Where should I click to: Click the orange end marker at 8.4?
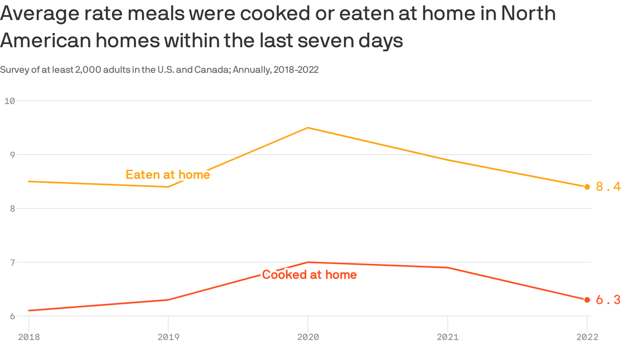click(x=587, y=187)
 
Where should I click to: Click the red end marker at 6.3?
click(x=587, y=300)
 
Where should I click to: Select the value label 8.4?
click(x=608, y=187)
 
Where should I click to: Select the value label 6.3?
click(x=608, y=300)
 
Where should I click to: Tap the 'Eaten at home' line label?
click(x=168, y=175)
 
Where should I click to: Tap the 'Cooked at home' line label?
click(x=309, y=275)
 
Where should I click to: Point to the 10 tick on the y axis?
click(x=10, y=101)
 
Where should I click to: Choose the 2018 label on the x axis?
click(x=29, y=337)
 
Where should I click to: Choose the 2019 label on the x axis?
click(x=168, y=337)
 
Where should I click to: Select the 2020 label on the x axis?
click(x=308, y=337)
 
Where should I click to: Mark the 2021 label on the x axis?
click(x=447, y=337)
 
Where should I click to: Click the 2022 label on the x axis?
click(x=587, y=337)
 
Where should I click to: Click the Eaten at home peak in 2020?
click(x=308, y=127)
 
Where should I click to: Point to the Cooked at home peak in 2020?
click(x=308, y=262)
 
